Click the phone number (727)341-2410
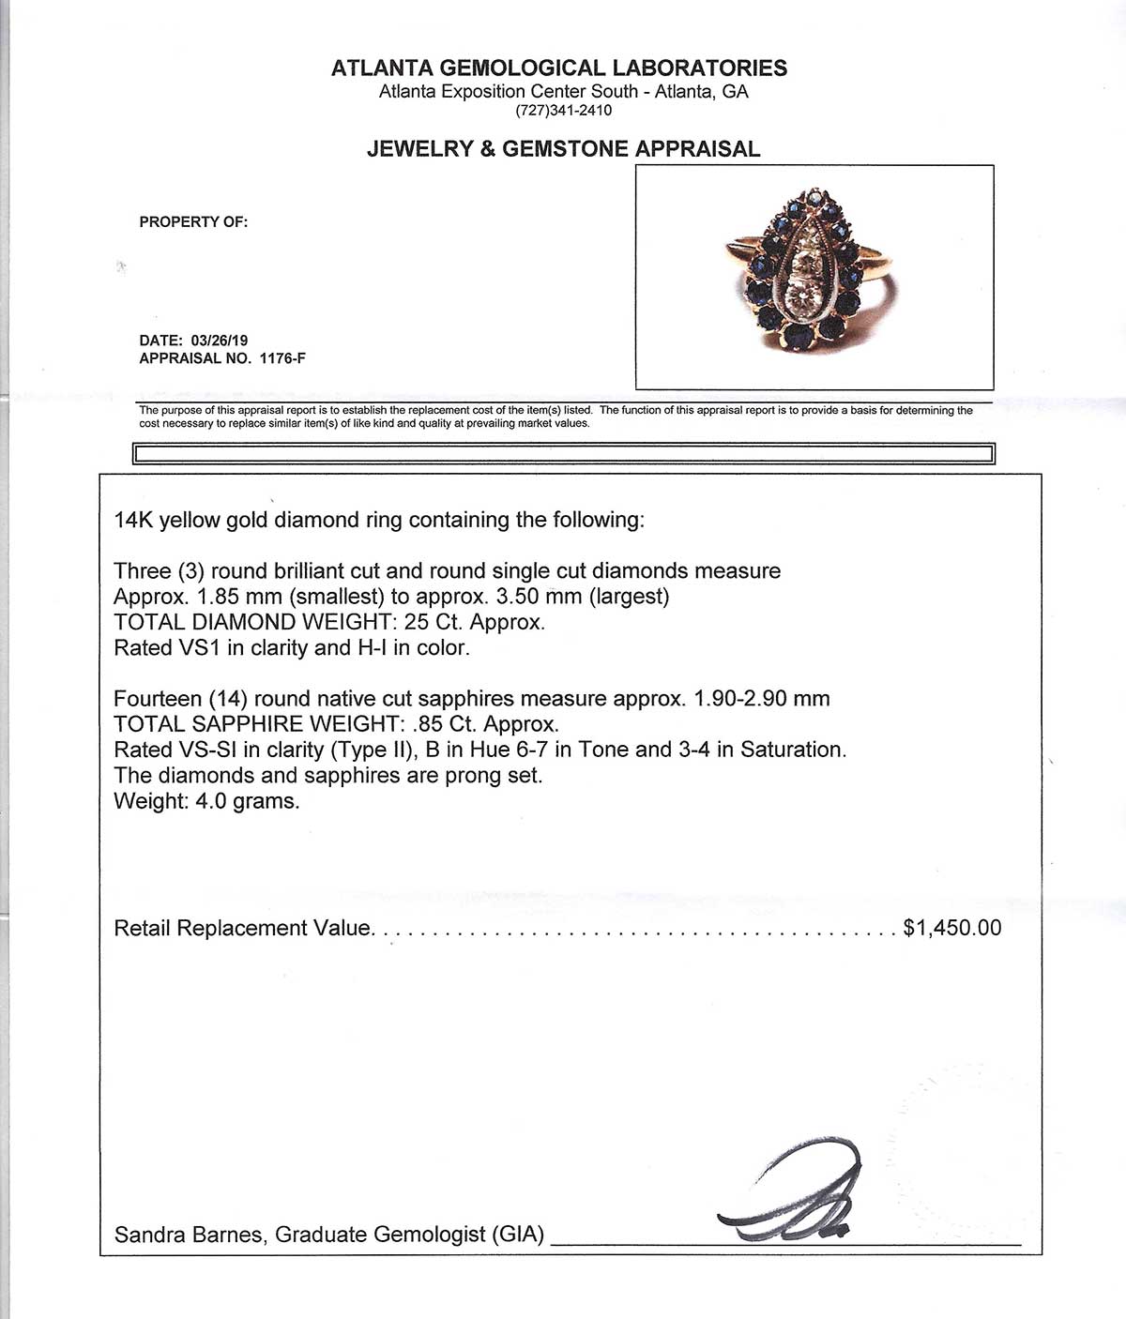563,111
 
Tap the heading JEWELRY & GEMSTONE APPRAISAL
563,149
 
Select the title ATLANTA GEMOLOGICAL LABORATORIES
559,68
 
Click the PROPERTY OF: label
193,222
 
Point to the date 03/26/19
219,341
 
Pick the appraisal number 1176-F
275,358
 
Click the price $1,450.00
951,929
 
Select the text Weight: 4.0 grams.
206,802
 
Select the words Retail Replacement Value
243,929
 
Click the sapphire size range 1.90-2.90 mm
761,700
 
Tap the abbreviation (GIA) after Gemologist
518,1235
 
